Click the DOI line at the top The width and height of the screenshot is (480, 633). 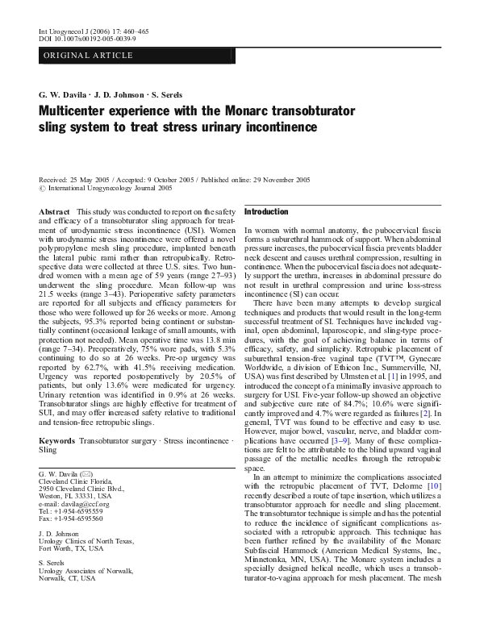(87, 39)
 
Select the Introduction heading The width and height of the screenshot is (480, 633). (265, 211)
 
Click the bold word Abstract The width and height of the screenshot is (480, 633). (55, 210)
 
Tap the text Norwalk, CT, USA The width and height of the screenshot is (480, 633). (67, 577)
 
